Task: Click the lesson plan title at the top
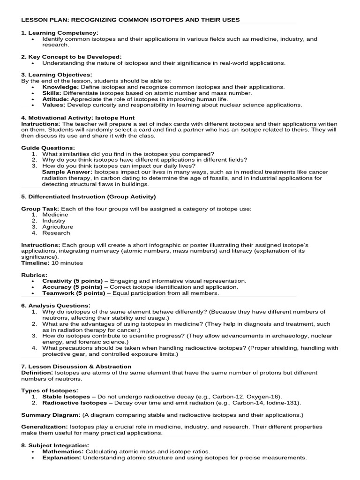pos(130,20)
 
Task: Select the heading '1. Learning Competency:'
pos(60,33)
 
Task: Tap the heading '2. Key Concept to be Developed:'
pos(71,56)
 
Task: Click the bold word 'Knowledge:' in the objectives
pos(60,87)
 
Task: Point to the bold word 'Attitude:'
pos(56,99)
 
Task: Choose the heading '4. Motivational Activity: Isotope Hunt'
pos(78,118)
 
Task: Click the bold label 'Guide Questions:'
pos(48,148)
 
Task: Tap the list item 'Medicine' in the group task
pos(55,215)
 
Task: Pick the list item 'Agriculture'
pos(58,227)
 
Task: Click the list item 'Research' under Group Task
pos(56,233)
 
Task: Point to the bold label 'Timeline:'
pos(35,263)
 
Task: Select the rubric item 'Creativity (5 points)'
pos(72,281)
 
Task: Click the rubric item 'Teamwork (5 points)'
pos(74,293)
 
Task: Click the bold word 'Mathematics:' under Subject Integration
pos(62,451)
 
